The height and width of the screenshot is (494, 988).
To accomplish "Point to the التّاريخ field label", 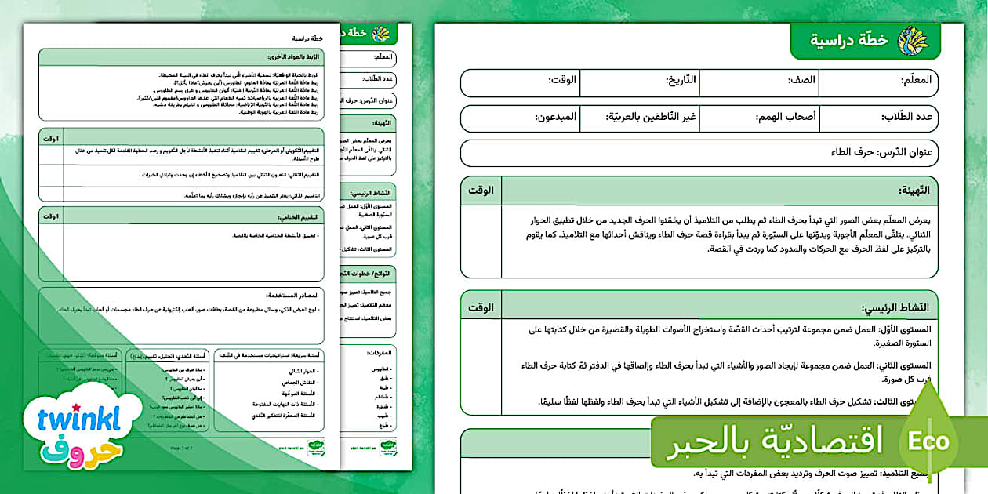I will click(x=681, y=80).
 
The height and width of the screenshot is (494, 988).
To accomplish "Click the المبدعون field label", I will click(x=556, y=117).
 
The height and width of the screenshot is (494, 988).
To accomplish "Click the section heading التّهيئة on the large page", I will click(x=914, y=190).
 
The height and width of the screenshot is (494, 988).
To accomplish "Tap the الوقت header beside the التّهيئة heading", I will click(x=481, y=190).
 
